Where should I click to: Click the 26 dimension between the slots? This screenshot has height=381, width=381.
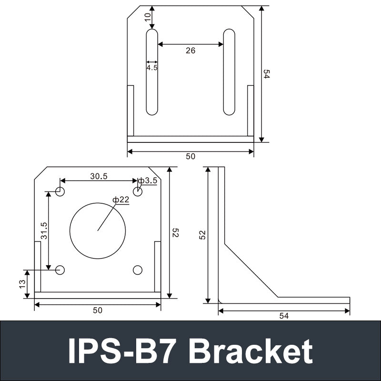point(190,50)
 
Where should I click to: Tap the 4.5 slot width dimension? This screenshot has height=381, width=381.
point(152,68)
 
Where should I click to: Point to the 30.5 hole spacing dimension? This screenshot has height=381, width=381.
point(99,176)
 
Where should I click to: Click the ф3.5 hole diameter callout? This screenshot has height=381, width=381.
point(148,180)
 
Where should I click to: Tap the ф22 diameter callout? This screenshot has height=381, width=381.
point(121,200)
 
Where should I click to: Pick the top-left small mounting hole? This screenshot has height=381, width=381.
point(60,191)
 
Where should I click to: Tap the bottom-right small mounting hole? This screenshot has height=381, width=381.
point(138,270)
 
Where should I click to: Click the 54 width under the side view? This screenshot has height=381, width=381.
point(284,316)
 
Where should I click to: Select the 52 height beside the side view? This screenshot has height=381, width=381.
point(202,235)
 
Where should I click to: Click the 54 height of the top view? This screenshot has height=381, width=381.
point(267,74)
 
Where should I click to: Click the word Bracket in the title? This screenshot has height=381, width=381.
point(251,351)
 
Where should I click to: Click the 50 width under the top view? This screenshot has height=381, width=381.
point(190,156)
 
